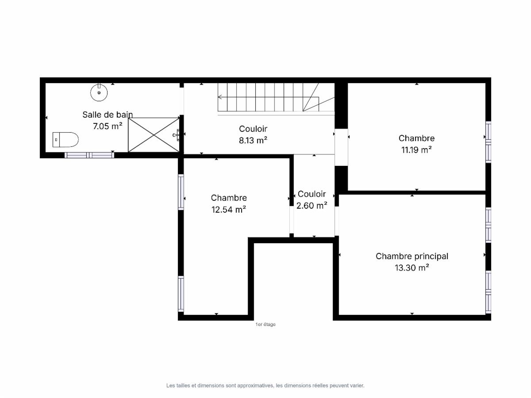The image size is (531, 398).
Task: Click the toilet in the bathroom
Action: [65, 140]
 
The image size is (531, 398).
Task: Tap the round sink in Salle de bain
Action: [99, 92]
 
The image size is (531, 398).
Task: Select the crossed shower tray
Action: [154, 135]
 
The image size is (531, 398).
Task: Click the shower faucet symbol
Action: [177, 135]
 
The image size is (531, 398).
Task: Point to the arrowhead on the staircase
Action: [220, 97]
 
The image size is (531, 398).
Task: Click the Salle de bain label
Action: [108, 115]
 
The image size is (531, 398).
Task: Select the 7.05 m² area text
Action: [108, 126]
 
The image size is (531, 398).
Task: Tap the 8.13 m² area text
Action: [253, 140]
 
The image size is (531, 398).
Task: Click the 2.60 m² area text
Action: [312, 206]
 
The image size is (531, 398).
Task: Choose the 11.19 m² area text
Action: [416, 150]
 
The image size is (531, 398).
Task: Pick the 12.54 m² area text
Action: [229, 210]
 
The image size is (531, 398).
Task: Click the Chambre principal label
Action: [412, 256]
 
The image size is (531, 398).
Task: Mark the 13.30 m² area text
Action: [412, 268]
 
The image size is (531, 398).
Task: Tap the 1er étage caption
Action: [265, 324]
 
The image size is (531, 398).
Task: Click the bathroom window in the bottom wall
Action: [89, 155]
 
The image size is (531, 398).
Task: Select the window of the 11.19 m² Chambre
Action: [489, 142]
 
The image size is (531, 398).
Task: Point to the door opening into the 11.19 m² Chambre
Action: [341, 147]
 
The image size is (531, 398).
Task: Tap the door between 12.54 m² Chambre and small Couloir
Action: [292, 220]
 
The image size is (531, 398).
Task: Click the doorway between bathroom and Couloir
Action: [182, 101]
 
